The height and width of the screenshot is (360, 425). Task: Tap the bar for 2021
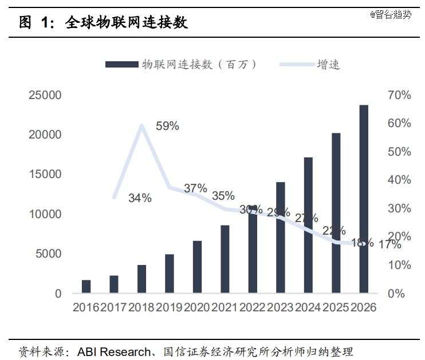tap(225, 259)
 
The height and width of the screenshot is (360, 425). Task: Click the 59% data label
tap(167, 126)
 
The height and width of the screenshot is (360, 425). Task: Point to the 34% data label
tap(140, 198)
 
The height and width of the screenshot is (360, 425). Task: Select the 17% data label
tap(390, 245)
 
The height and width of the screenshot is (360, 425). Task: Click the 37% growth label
tap(195, 188)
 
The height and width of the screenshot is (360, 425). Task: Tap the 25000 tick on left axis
tap(45, 96)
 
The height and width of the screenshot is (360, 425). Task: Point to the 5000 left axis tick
tap(50, 254)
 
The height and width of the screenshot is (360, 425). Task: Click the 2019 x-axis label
tap(170, 307)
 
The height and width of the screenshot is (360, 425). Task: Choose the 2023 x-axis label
tap(281, 307)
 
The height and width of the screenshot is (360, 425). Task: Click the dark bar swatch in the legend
tap(121, 65)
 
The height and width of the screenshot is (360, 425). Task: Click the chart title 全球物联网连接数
tap(127, 23)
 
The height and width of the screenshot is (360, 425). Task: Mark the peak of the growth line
tap(141, 125)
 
